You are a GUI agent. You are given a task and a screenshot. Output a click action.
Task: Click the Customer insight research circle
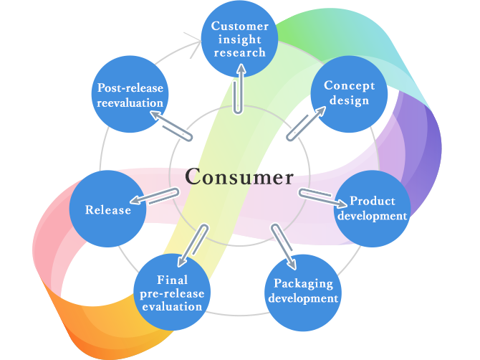(239, 39)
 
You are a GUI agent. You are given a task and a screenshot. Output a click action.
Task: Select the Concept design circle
(349, 93)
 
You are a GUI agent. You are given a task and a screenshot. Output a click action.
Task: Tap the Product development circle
(372, 209)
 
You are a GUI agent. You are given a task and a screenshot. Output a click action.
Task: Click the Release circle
(107, 209)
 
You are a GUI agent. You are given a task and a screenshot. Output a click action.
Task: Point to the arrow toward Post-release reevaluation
(175, 126)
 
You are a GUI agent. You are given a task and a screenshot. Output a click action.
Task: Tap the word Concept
(349, 86)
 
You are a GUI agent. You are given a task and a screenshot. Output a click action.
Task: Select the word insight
(239, 39)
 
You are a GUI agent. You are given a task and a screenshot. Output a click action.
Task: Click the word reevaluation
(130, 103)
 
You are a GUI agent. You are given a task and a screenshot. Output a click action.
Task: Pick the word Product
(372, 202)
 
